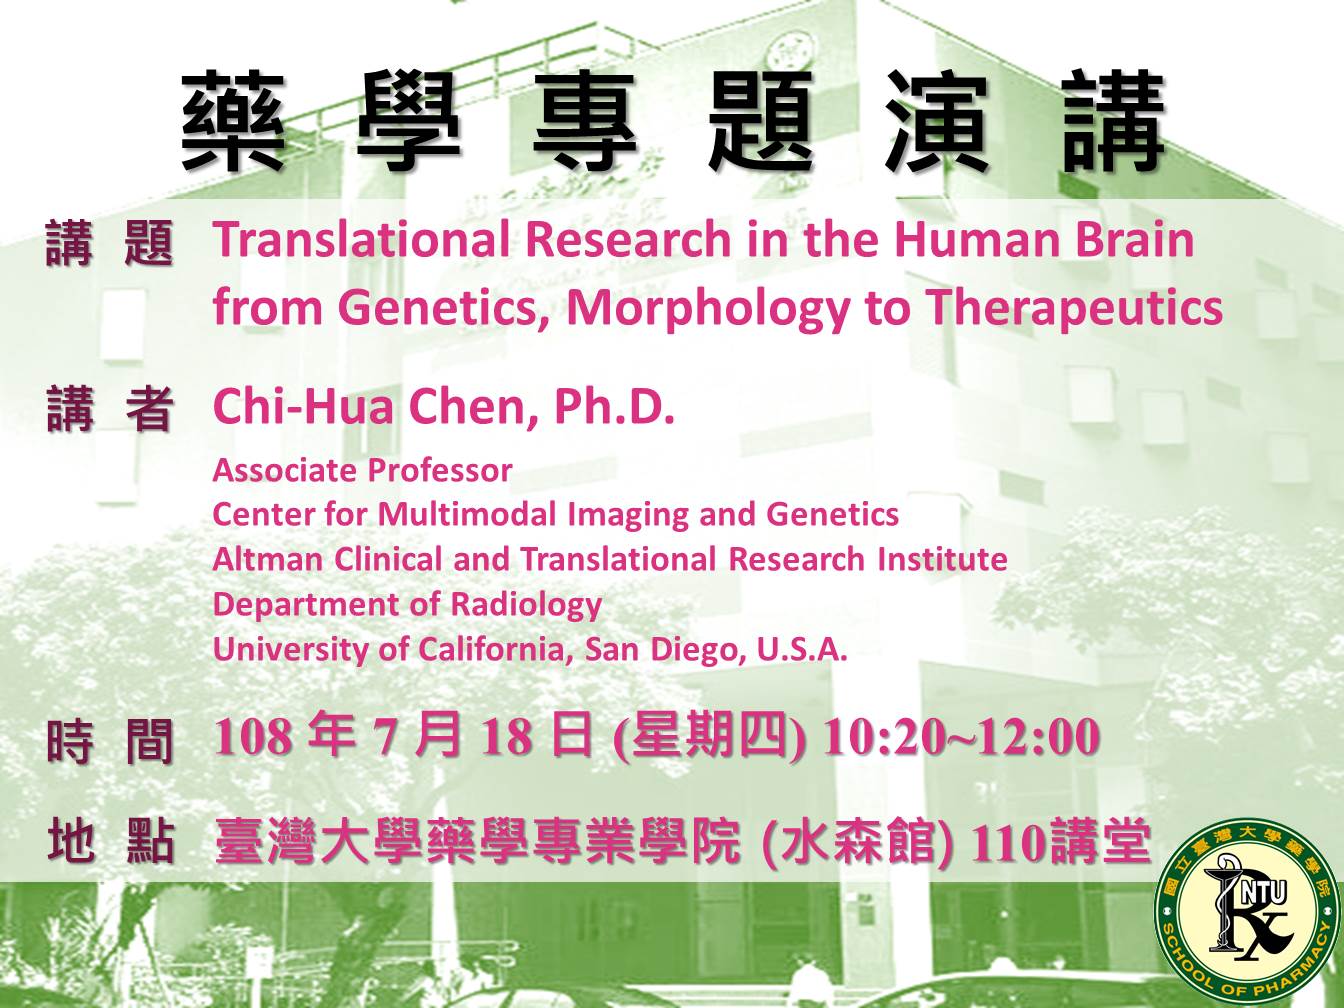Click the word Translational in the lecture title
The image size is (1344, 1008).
click(x=361, y=240)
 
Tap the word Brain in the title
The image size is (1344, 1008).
click(x=1135, y=240)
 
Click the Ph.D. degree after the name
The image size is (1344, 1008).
click(x=614, y=407)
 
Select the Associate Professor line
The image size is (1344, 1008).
click(x=362, y=471)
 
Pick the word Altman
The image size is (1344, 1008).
click(x=268, y=559)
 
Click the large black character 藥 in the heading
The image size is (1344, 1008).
click(x=233, y=121)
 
